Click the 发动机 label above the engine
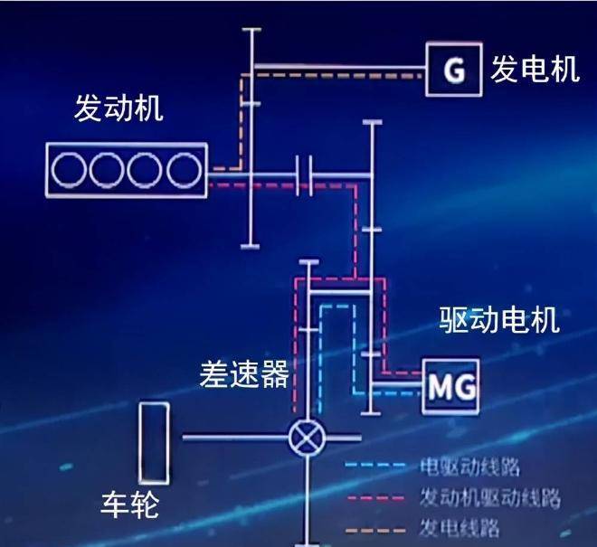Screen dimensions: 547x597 point(118,111)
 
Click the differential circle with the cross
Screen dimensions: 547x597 point(308,439)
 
